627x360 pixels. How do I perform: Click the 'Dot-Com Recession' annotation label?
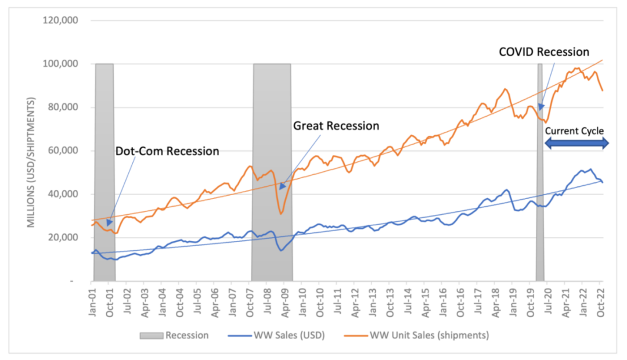point(167,151)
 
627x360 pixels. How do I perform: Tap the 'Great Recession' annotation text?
point(336,126)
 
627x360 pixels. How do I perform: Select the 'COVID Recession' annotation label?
point(544,52)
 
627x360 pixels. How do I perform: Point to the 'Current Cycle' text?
point(574,131)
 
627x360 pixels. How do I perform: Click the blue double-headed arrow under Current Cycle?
point(576,143)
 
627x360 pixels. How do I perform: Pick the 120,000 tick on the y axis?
point(60,20)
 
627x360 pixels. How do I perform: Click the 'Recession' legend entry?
point(174,335)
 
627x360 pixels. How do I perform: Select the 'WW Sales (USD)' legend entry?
point(276,335)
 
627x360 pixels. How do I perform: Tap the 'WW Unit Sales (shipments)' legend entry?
point(417,335)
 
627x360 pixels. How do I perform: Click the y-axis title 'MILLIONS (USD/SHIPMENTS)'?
point(31,163)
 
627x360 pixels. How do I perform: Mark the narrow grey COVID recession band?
point(540,172)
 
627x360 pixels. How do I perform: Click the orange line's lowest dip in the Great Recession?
point(281,214)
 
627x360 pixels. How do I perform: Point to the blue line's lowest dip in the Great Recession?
point(281,250)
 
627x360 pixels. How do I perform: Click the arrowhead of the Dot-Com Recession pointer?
point(109,223)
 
